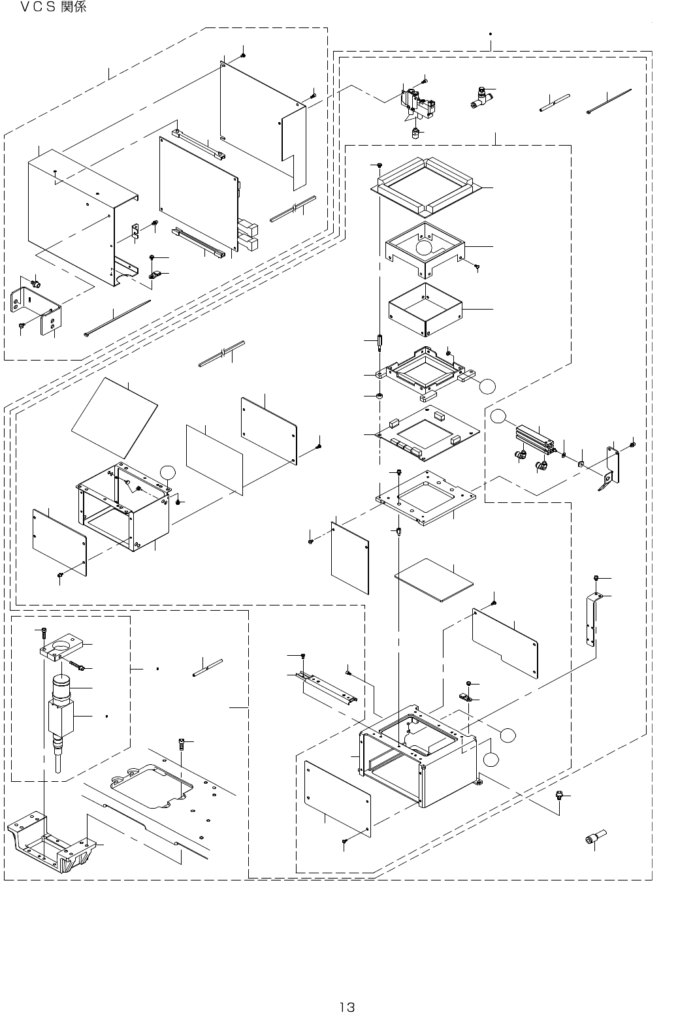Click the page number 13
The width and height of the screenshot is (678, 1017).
click(346, 988)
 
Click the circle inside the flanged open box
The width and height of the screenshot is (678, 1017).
click(425, 247)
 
